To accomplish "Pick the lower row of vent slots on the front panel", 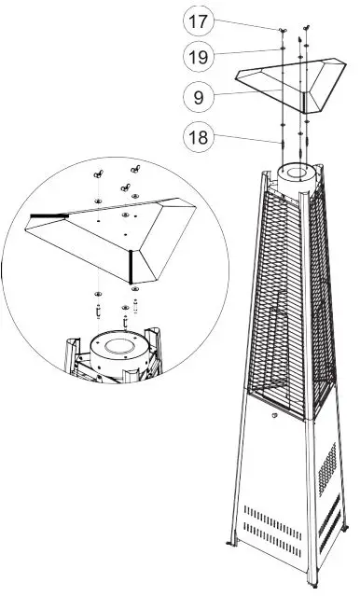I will (272, 541).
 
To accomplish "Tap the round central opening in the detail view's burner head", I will (120, 346).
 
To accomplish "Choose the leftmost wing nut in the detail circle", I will (97, 173).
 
